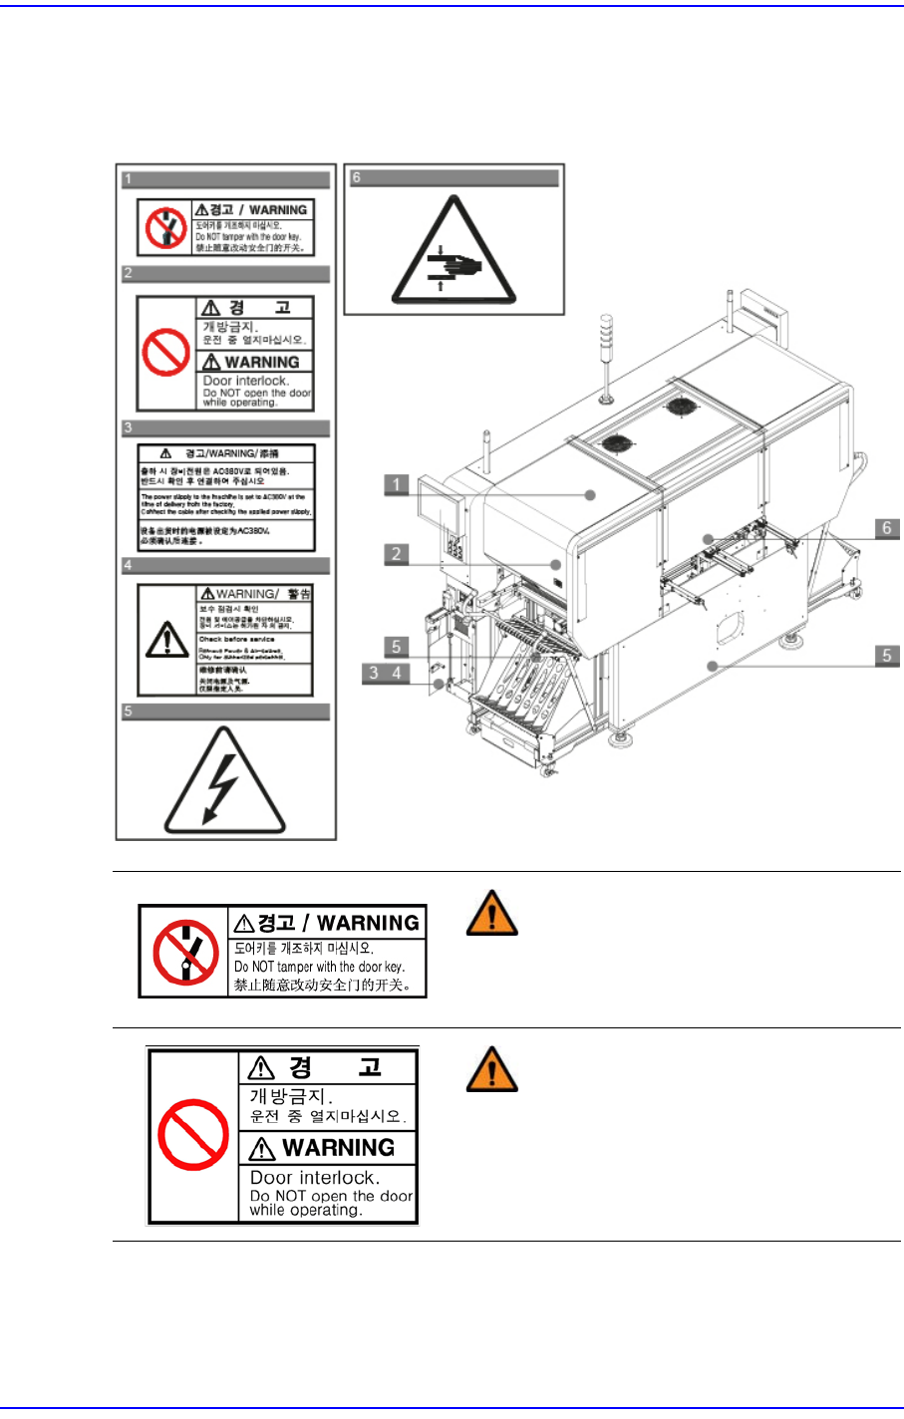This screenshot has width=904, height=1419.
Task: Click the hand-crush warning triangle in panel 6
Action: [453, 253]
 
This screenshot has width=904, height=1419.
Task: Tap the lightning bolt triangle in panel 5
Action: [225, 783]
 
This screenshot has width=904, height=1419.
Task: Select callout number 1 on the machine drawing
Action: [397, 484]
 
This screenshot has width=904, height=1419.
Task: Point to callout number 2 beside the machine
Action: [397, 554]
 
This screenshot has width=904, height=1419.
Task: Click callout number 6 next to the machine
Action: [886, 528]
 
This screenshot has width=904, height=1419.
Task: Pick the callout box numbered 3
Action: [374, 673]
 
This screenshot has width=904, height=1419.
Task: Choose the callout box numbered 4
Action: [397, 673]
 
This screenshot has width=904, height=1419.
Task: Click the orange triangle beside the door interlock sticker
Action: [491, 1069]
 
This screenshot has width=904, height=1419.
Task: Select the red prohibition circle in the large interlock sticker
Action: [193, 1135]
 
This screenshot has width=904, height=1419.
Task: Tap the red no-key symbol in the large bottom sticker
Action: [185, 952]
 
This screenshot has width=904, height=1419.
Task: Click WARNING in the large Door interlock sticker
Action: [338, 1148]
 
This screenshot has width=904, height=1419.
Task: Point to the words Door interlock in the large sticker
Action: [314, 1178]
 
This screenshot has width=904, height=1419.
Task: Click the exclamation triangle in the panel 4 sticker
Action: [166, 640]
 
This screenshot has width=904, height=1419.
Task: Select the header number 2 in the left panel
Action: [128, 272]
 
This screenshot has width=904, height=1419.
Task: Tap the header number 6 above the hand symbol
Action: [356, 177]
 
